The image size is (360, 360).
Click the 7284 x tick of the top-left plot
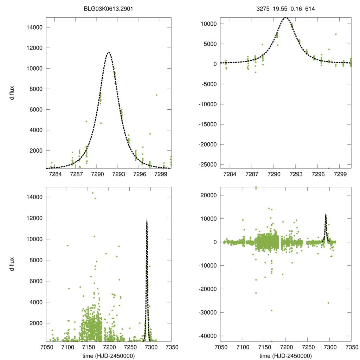tap(55, 174)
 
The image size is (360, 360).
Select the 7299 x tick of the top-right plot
tap(340, 174)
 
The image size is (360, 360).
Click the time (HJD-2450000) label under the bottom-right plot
tap(286, 355)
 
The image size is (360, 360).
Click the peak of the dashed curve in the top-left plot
tap(109, 52)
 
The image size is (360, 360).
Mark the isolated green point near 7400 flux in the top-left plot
tap(156, 95)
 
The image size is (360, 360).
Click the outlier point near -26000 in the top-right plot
tap(329, 168)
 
